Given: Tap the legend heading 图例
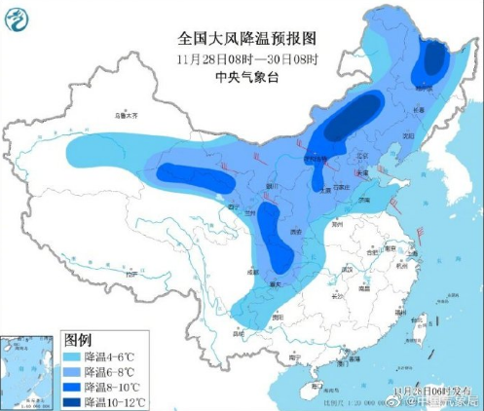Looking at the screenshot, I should tap(78, 340).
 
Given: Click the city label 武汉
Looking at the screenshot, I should tap(345, 269).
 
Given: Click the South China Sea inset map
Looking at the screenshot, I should tap(27, 371).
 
